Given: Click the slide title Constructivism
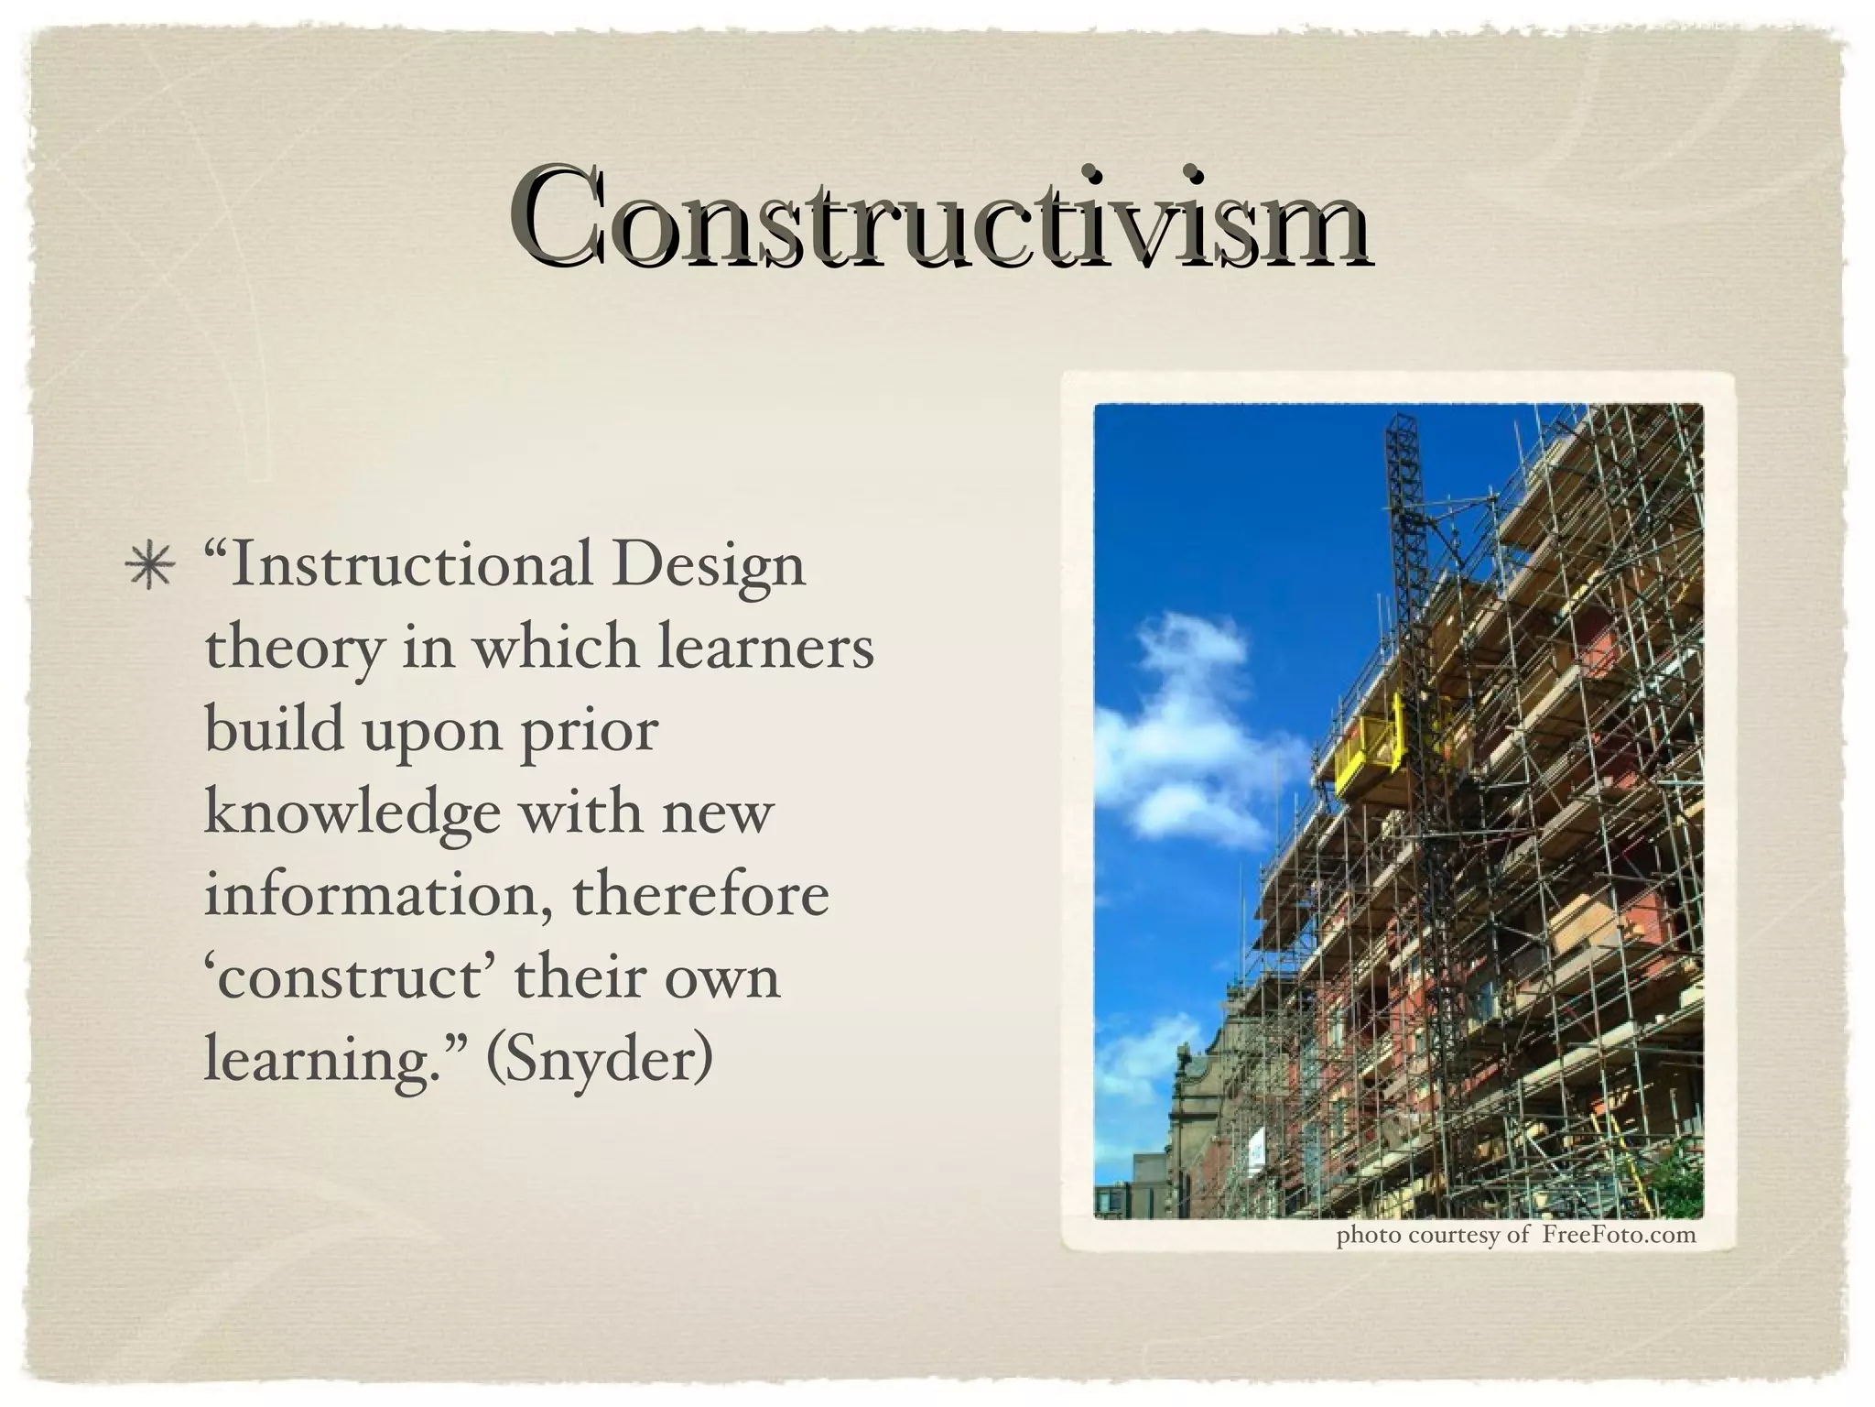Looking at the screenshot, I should tap(939, 216).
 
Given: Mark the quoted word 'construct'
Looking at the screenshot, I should tap(351, 976).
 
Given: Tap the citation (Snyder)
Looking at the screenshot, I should tap(600, 1061).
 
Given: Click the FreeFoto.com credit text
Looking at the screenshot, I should tap(1618, 1236).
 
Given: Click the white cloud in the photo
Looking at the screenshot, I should tap(1181, 724).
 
